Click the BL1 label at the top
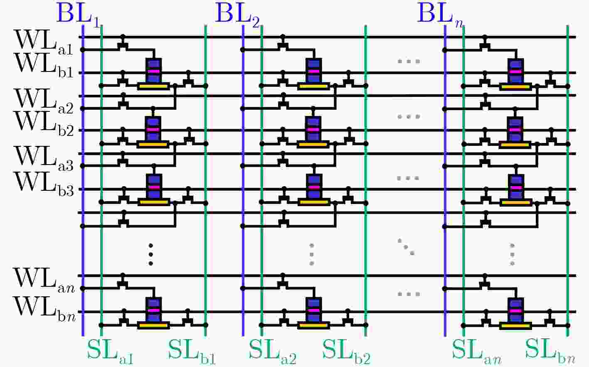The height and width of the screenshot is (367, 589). (79, 15)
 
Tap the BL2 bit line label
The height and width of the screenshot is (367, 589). (238, 15)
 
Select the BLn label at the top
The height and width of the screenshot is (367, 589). (440, 15)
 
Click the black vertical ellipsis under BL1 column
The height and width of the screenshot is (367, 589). (150, 254)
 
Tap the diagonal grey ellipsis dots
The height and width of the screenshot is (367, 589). (406, 247)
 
